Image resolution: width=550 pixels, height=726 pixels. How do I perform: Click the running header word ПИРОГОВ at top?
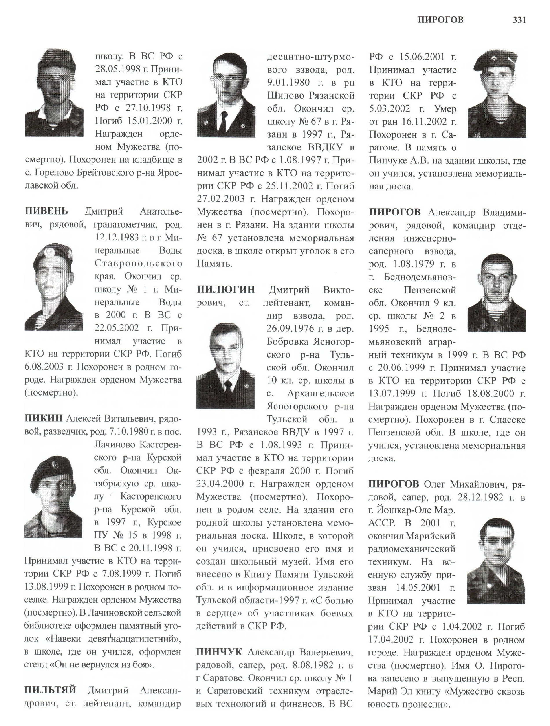point(440,20)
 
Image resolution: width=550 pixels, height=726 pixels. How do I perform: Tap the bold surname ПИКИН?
point(43,418)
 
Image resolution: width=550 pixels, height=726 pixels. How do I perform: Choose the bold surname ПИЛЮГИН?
point(226,290)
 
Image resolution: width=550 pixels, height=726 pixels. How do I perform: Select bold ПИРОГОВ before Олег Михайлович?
point(393,484)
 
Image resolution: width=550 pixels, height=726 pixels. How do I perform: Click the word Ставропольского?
point(138,263)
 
